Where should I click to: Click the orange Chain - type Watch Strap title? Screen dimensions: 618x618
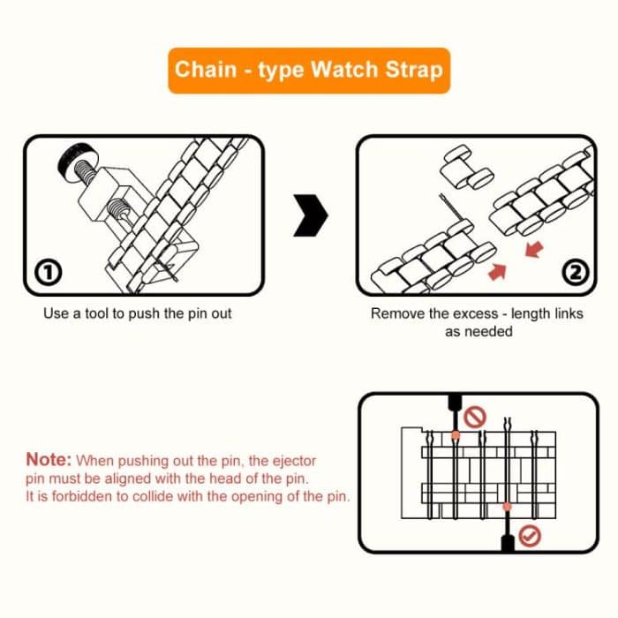308,69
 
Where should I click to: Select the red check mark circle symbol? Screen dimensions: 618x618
529,535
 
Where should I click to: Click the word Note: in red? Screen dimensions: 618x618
48,460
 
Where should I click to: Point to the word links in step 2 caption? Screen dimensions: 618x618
565,313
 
